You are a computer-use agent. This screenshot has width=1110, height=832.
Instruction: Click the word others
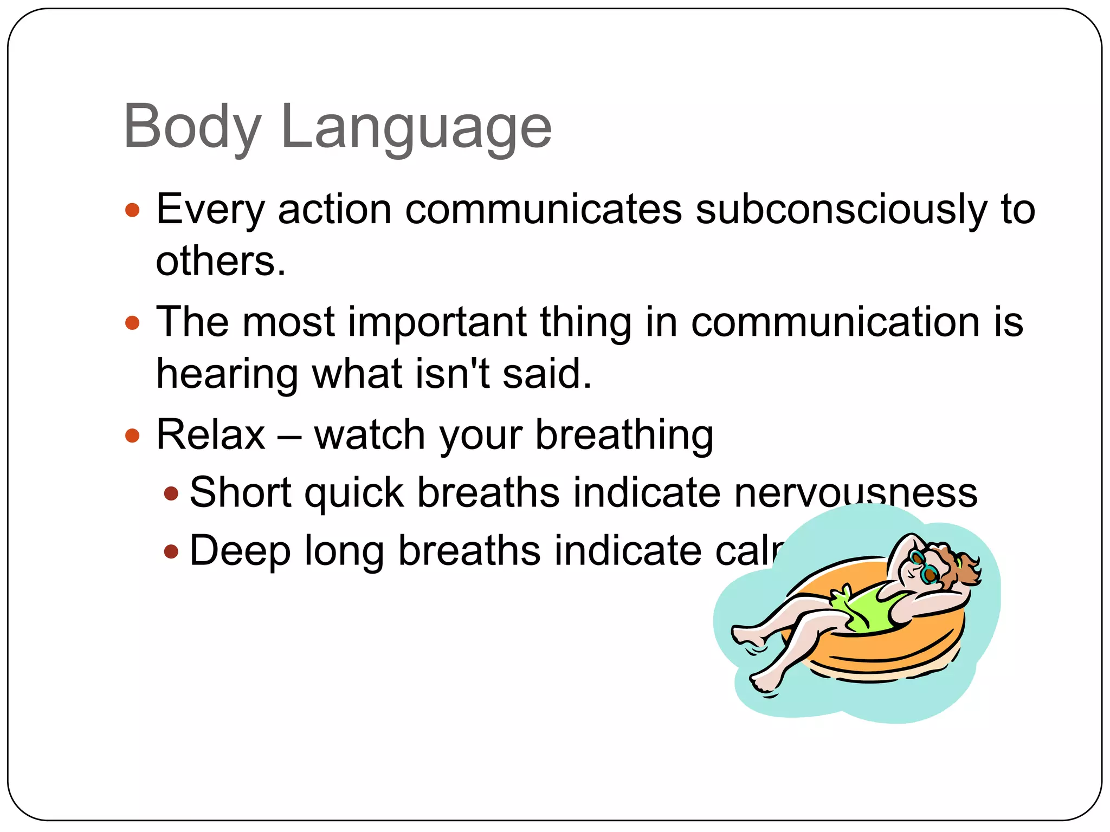pyautogui.click(x=220, y=261)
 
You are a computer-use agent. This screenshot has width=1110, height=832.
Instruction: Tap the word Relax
pyautogui.click(x=211, y=435)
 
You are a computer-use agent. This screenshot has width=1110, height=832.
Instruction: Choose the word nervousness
pyautogui.click(x=856, y=493)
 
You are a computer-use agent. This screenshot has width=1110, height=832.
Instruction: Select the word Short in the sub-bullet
pyautogui.click(x=240, y=493)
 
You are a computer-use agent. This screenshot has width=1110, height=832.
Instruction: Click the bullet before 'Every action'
pyautogui.click(x=132, y=210)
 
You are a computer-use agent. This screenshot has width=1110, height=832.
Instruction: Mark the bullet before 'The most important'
pyautogui.click(x=132, y=323)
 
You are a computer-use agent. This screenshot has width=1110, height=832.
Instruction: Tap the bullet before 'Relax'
pyautogui.click(x=132, y=435)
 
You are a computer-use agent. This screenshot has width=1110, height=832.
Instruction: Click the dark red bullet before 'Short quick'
pyautogui.click(x=171, y=493)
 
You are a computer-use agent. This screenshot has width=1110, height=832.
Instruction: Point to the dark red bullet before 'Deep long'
pyautogui.click(x=171, y=552)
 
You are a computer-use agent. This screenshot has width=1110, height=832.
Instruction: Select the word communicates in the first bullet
pyautogui.click(x=544, y=210)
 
